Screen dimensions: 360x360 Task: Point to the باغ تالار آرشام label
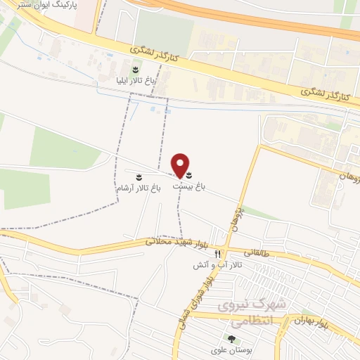[138, 188]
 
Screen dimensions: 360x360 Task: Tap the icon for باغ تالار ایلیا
[136, 68]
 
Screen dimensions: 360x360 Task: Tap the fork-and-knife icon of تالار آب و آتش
[218, 254]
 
